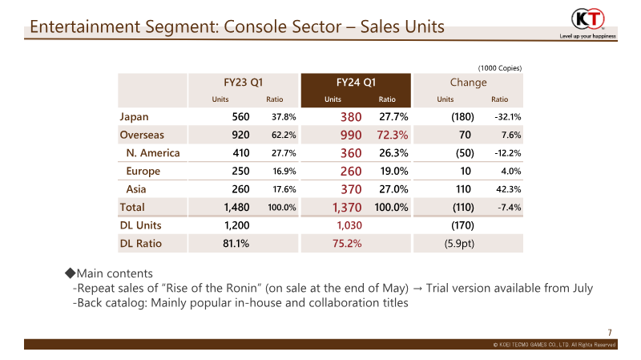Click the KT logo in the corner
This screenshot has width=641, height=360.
tap(587, 19)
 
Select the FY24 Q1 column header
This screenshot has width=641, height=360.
tap(356, 83)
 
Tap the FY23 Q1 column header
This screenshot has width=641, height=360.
tap(244, 83)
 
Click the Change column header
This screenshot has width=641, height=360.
tap(468, 83)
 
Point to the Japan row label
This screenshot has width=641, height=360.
tap(134, 117)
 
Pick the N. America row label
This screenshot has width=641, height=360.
tap(153, 153)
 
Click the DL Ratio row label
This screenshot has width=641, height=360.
tap(141, 244)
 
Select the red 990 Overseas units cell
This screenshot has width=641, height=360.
tap(351, 135)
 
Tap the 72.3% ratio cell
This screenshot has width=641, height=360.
tap(393, 135)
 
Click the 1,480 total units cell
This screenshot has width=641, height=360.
tap(236, 208)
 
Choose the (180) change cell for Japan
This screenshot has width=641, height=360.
tap(463, 117)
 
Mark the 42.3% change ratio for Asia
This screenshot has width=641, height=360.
tap(509, 189)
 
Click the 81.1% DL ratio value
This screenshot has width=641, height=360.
tap(236, 244)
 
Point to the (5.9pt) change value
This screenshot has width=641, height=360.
tap(459, 244)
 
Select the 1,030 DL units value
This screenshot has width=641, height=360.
tap(349, 225)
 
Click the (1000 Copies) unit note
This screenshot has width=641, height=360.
tap(500, 68)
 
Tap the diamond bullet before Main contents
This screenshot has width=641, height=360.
tap(71, 273)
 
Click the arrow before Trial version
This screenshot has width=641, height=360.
tap(417, 289)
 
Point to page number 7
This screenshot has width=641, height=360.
tap(610, 333)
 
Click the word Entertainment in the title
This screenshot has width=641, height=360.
tap(85, 26)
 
